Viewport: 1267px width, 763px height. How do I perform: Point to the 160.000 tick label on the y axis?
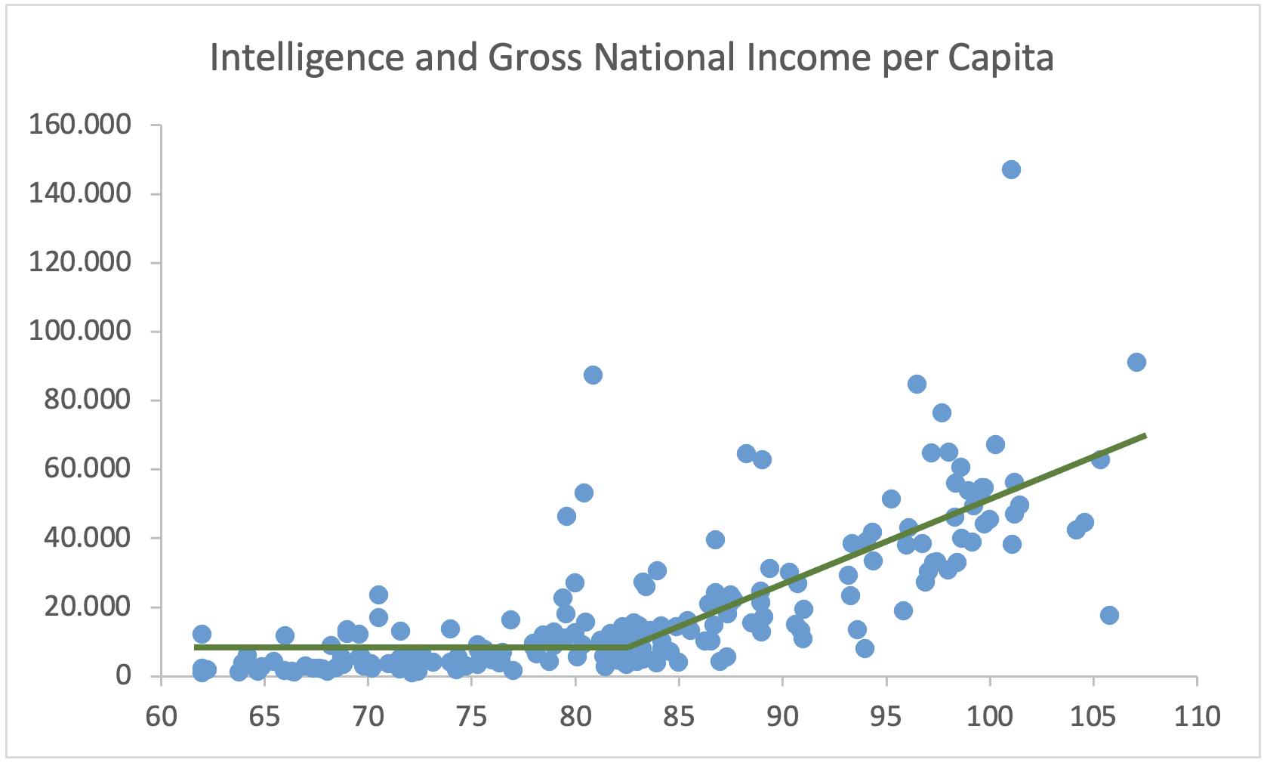pyautogui.click(x=79, y=124)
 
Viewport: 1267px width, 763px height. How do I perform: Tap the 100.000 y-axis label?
pyautogui.click(x=79, y=331)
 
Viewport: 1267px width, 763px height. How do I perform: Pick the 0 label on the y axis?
pyautogui.click(x=122, y=675)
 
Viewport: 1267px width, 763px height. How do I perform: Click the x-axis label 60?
pyautogui.click(x=161, y=716)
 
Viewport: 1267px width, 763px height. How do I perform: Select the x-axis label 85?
pyautogui.click(x=678, y=716)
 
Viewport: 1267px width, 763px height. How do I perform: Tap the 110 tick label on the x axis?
pyautogui.click(x=1197, y=716)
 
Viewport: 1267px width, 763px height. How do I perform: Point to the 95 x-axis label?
pyautogui.click(x=886, y=716)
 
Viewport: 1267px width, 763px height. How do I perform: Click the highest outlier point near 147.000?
pyautogui.click(x=1011, y=169)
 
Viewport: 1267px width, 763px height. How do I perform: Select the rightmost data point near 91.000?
pyautogui.click(x=1136, y=362)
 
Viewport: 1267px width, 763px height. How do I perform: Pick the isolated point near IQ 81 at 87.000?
pyautogui.click(x=593, y=375)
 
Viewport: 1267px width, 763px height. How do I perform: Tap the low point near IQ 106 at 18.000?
pyautogui.click(x=1109, y=615)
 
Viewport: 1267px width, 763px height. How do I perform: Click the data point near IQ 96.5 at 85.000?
pyautogui.click(x=917, y=384)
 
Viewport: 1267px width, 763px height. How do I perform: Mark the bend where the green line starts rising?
pyautogui.click(x=628, y=647)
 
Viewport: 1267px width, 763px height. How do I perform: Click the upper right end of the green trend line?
pyautogui.click(x=1145, y=435)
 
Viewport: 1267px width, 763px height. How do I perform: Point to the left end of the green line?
pyautogui.click(x=196, y=647)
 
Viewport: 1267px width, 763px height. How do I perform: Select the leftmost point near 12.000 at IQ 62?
pyautogui.click(x=202, y=634)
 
